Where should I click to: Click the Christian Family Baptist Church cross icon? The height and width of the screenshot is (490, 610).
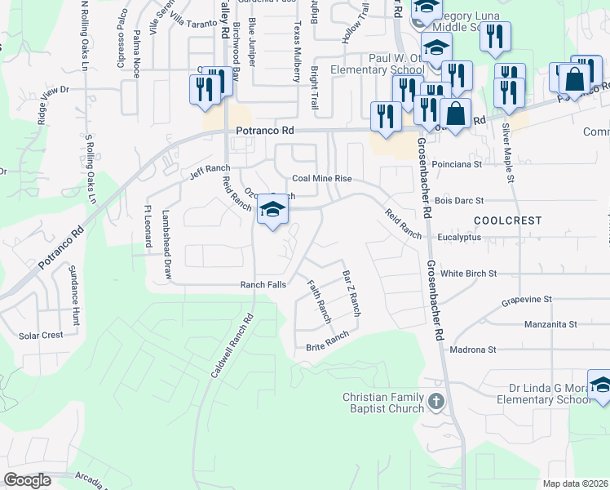[436, 402]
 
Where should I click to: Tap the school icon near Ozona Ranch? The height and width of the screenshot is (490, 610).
[272, 214]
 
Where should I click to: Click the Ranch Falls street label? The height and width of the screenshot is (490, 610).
[263, 284]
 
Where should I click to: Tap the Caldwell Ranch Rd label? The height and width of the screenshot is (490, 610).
[232, 345]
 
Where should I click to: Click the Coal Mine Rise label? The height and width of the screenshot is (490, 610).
[321, 178]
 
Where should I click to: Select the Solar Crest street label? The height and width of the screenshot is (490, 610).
[41, 336]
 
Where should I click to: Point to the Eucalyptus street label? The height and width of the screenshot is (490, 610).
[458, 237]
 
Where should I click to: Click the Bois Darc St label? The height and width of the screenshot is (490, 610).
[459, 200]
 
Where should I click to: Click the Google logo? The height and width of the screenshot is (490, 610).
[28, 480]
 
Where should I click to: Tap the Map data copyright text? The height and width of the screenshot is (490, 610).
[576, 483]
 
